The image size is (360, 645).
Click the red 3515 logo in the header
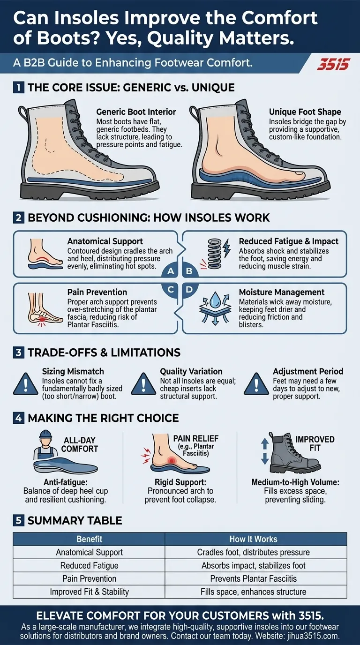click(333, 64)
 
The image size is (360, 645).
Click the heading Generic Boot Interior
click(136, 112)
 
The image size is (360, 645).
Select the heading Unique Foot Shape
click(305, 112)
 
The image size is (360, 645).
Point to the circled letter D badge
click(190, 289)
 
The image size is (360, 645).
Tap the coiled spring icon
click(214, 250)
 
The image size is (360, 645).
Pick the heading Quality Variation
click(191, 371)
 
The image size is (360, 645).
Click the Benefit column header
click(89, 539)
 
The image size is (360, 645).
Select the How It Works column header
click(253, 539)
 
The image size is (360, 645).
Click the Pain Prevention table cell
click(89, 578)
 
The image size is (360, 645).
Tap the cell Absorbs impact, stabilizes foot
click(253, 565)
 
